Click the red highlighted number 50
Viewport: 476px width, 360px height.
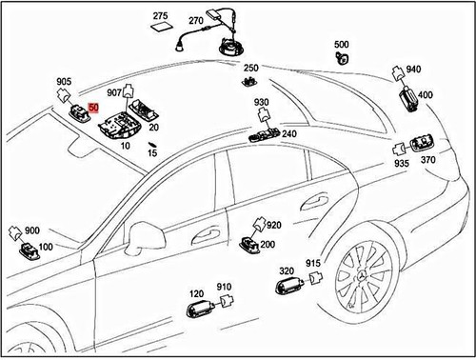(93, 110)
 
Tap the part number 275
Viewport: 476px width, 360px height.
(160, 16)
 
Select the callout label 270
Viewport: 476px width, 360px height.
(196, 20)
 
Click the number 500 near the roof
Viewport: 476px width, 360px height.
(342, 44)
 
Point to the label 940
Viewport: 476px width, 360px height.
(413, 70)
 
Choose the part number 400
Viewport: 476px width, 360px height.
(425, 95)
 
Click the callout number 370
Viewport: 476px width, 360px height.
(428, 162)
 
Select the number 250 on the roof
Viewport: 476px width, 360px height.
(251, 68)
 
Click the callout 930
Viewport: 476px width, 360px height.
(262, 102)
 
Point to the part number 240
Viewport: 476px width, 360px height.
(288, 134)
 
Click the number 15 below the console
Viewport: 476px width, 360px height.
(152, 152)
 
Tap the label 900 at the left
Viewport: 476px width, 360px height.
(31, 231)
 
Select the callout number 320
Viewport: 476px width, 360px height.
(287, 270)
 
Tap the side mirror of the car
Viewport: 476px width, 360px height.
(145, 235)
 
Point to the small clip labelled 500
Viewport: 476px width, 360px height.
(341, 57)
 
